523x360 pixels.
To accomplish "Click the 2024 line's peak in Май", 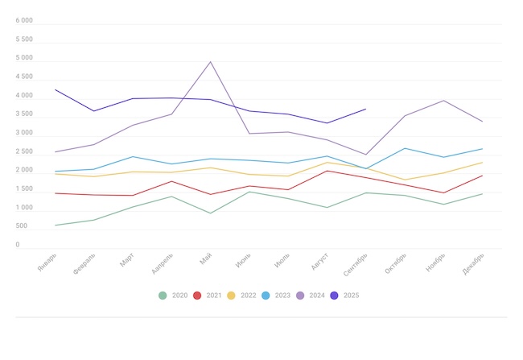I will (211, 62).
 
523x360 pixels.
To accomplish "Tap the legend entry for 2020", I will (163, 296).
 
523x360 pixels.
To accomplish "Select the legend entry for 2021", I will (198, 296).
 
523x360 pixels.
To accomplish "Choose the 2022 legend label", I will (249, 296).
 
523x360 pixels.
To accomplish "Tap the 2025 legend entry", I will (334, 296).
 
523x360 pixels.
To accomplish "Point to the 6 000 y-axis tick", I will (24, 21).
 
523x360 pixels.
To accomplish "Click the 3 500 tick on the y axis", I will (24, 114).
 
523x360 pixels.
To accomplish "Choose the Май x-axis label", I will (206, 259).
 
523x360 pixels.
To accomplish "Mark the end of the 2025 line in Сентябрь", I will (366, 109).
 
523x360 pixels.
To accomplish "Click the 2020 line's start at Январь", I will (56, 226).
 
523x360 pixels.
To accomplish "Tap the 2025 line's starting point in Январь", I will (56, 89).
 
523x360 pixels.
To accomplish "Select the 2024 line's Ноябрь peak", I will (443, 101).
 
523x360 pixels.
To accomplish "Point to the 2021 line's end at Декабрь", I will (482, 176).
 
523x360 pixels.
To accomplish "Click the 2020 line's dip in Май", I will (211, 213).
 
